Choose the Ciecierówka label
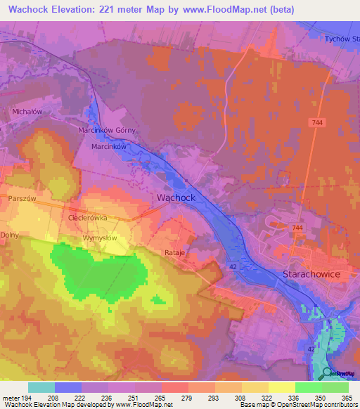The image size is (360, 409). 87,218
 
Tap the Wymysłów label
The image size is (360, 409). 99,238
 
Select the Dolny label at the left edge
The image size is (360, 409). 9,235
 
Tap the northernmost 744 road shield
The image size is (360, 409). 320,123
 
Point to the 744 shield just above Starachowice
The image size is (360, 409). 297,228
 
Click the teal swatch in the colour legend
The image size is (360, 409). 41,387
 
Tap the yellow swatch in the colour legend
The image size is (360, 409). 281,387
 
